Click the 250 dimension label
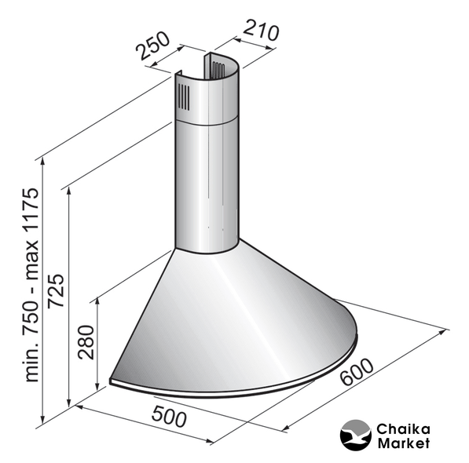tap(152, 45)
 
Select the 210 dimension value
tap(261, 30)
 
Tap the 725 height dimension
tap(56, 290)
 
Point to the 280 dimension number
tap(86, 341)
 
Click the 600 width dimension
tap(357, 372)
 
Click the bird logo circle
tap(356, 435)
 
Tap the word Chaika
tap(403, 429)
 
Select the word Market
tap(404, 443)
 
